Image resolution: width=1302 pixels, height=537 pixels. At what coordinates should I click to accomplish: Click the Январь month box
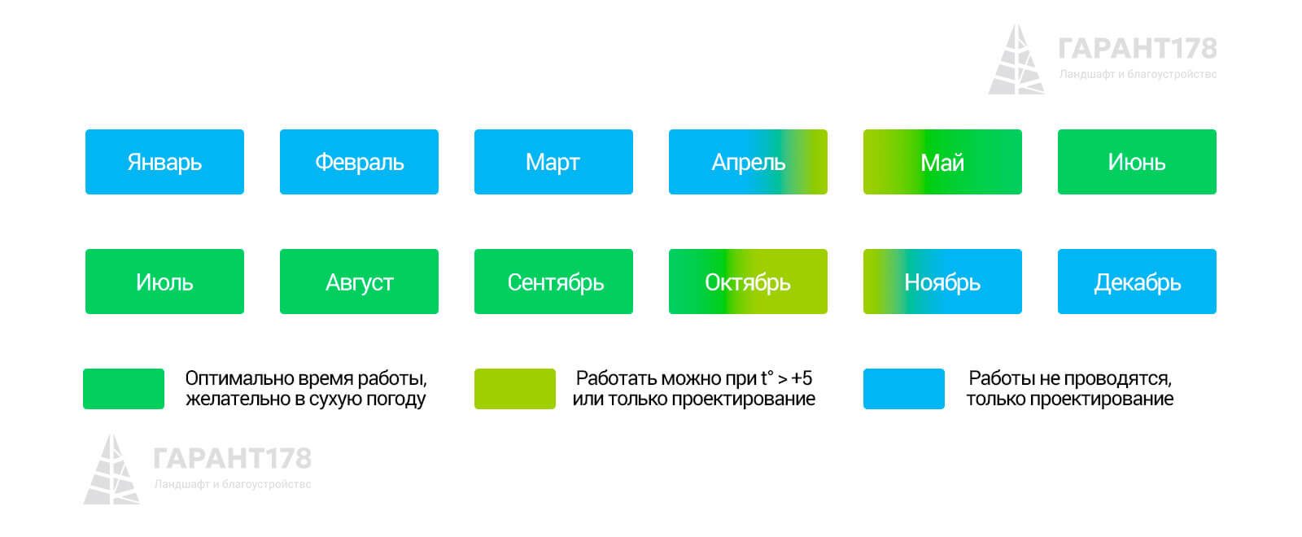tap(164, 162)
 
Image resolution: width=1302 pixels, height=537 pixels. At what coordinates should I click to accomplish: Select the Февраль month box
tap(359, 162)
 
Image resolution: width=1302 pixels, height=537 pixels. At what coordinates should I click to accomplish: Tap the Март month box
tap(553, 162)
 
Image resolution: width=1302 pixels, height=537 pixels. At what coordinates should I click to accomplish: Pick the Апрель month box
tap(748, 162)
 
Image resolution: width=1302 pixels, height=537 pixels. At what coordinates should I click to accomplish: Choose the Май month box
tap(942, 162)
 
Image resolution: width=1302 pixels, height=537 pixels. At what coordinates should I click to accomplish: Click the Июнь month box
tap(1137, 162)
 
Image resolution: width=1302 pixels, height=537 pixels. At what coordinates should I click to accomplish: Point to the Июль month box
tap(164, 282)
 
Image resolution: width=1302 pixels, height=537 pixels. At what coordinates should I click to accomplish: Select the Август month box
tap(359, 282)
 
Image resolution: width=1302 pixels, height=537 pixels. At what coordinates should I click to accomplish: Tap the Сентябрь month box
tap(553, 282)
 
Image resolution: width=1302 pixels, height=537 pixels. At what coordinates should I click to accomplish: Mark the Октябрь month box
tap(748, 282)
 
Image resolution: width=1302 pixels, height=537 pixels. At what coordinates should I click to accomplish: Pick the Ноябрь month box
tap(942, 282)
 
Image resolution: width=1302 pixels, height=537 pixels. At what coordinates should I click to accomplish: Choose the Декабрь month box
tap(1137, 282)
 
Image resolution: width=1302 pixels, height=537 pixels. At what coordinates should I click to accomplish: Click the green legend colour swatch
tap(124, 389)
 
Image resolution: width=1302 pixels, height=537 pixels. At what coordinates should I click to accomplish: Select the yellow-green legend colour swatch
tap(515, 389)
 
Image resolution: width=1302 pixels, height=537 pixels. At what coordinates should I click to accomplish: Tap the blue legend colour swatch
tap(904, 389)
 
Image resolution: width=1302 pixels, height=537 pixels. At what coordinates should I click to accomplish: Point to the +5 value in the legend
tap(802, 378)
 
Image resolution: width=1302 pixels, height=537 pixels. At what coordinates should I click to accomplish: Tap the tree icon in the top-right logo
tap(1016, 59)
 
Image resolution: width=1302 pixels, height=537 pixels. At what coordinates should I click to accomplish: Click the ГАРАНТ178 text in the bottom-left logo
tap(233, 459)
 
